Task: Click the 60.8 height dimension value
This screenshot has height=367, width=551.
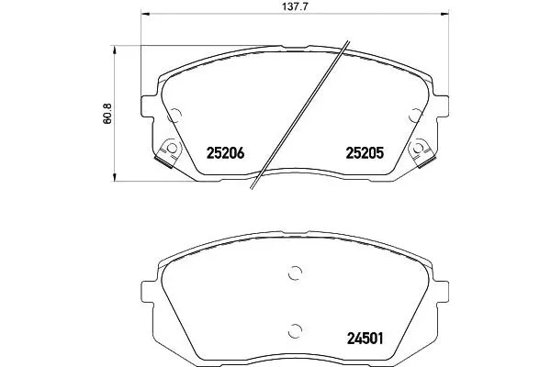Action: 107,114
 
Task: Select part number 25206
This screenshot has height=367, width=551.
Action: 225,153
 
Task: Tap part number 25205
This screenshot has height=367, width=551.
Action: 365,153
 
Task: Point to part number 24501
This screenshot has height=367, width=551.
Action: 365,339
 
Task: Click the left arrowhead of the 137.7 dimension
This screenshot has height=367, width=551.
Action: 145,14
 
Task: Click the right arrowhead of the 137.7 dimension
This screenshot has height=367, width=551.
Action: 444,14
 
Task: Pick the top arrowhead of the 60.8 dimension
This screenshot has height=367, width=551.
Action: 114,50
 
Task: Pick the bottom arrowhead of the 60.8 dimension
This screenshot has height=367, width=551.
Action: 114,177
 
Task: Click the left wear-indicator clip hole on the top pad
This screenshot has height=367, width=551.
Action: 172,149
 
